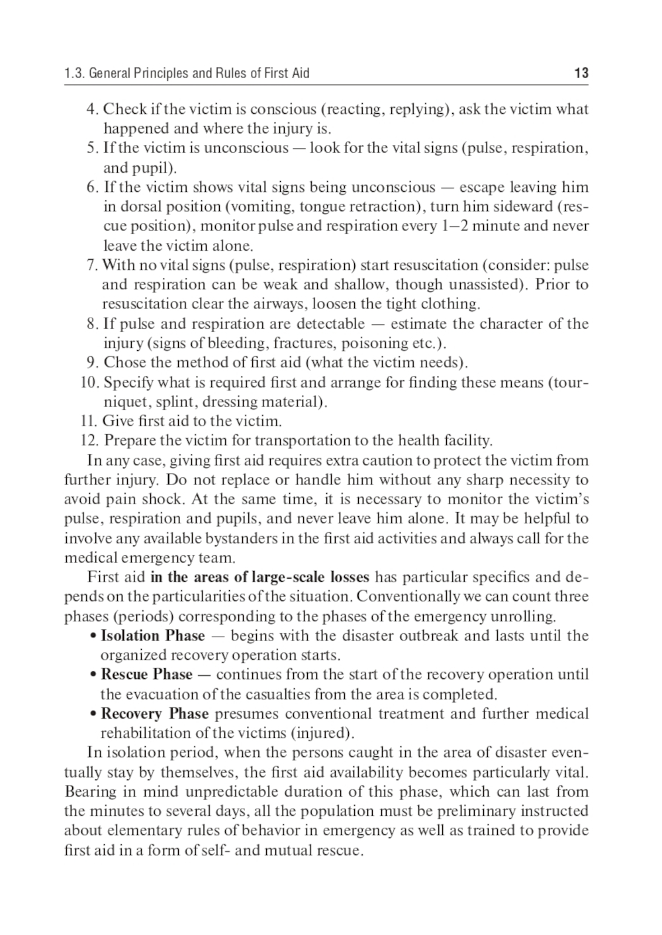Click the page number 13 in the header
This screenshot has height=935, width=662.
[581, 73]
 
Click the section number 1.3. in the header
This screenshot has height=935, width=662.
[74, 73]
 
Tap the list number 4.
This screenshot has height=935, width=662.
[92, 109]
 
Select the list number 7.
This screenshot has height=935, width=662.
[92, 265]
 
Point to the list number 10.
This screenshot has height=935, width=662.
[89, 382]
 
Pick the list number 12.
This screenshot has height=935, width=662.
[89, 441]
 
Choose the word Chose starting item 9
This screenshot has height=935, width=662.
[121, 363]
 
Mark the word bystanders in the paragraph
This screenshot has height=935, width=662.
[242, 538]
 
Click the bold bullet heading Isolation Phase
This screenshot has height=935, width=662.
[152, 636]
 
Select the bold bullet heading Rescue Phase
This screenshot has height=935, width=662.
[146, 675]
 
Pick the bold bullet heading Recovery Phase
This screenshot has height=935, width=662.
[154, 714]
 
